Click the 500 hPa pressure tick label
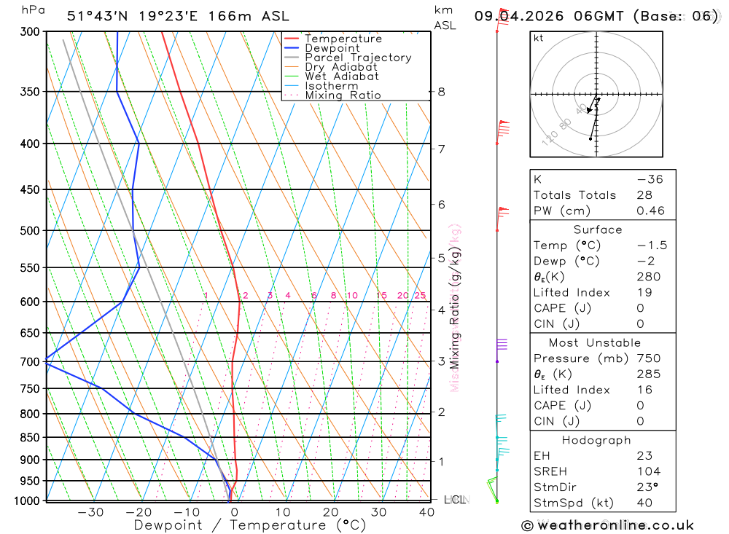coord(29,231)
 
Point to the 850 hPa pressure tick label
coord(29,438)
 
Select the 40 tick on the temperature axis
coord(426,513)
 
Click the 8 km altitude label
coord(441,92)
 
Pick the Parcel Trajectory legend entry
coord(358,58)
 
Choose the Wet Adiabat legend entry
coord(342,76)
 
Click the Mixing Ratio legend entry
coord(343,95)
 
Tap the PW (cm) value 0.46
coord(651,211)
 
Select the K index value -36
coord(650,179)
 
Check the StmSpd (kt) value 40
coord(644,503)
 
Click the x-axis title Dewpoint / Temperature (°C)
coord(249,525)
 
